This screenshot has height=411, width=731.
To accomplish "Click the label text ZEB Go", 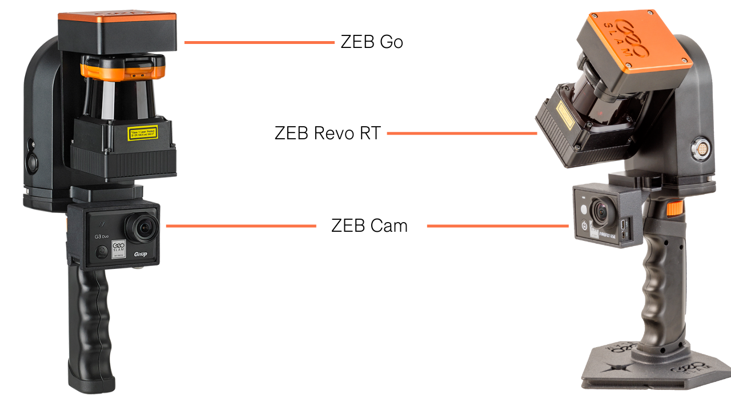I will [x=372, y=42].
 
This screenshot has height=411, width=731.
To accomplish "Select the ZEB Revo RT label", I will [x=327, y=134].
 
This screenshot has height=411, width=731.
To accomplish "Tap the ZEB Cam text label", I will [x=369, y=225].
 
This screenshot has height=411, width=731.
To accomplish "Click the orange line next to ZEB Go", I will [x=259, y=42].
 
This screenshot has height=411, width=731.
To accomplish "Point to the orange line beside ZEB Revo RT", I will [x=461, y=134].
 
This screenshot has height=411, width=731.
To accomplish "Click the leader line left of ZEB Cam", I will [x=240, y=226].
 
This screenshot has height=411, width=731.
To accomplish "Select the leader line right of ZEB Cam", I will [x=497, y=226].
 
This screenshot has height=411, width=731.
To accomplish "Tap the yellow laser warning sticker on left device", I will [x=143, y=134].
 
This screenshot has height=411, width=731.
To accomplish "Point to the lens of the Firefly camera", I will [x=602, y=211].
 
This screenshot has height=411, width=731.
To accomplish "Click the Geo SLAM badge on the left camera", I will [x=118, y=247].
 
